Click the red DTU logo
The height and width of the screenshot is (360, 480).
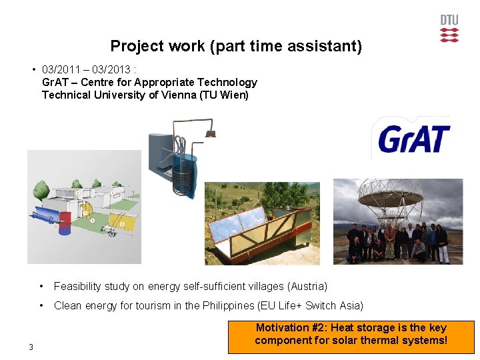[x=449, y=29]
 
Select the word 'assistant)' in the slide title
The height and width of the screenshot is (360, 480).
[x=330, y=46]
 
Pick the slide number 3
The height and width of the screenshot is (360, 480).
[x=31, y=346]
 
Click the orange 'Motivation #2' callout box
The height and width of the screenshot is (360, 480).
[x=351, y=336]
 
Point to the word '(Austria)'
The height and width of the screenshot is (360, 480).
[x=307, y=286]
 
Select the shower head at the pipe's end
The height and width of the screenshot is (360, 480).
[x=211, y=133]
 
